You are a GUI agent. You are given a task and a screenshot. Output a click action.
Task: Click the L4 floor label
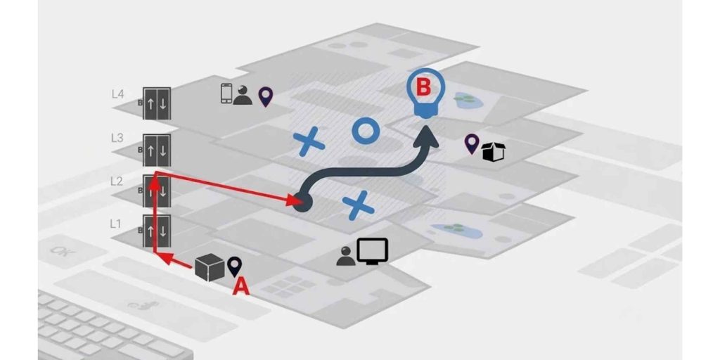117,94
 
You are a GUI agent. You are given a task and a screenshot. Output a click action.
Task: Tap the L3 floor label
117,138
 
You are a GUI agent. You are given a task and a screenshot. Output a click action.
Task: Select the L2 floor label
117,181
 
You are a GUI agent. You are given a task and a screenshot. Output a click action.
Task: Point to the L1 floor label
116,224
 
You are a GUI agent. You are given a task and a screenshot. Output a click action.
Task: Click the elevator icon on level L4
157,103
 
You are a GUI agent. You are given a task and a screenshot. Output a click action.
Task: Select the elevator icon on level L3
157,150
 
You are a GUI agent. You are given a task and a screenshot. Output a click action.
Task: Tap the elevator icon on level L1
157,231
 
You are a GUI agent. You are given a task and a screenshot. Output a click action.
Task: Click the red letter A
241,287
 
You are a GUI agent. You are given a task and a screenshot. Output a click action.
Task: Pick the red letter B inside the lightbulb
423,88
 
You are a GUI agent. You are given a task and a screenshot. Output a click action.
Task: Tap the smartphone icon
226,94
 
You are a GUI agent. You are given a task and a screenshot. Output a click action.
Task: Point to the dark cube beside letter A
210,268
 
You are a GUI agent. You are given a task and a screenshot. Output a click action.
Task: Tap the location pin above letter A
235,266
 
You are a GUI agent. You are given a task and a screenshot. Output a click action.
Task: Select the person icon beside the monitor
346,256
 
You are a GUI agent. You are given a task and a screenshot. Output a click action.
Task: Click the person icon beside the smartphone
243,95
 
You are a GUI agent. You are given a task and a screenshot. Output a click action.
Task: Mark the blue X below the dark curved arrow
358,205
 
